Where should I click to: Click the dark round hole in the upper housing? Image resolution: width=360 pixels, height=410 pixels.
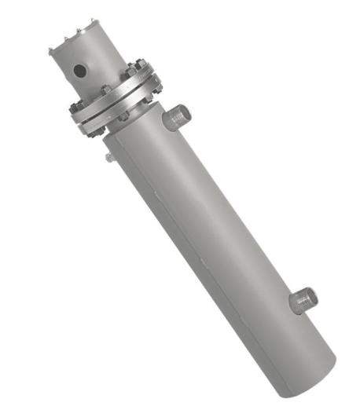coord(79,71)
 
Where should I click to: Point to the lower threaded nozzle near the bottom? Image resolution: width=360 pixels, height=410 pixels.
coord(303,298)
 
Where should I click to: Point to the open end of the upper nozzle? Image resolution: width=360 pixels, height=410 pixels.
coord(185,112)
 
